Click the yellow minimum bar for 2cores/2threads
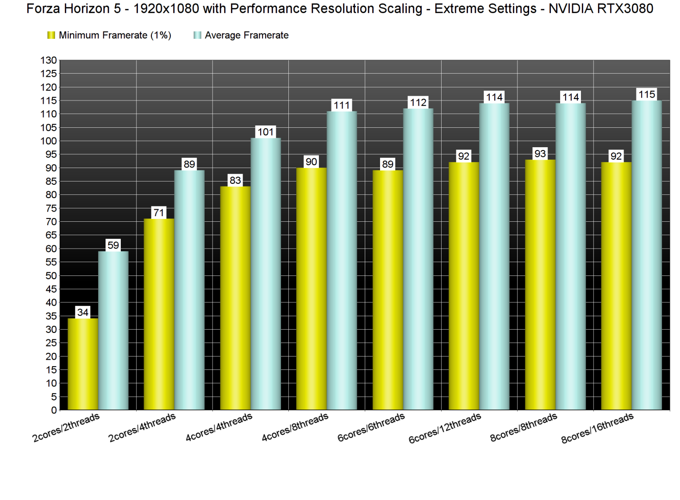point(83,364)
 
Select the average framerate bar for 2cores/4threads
point(189,290)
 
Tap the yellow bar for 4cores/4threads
point(235,298)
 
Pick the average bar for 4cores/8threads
point(342,260)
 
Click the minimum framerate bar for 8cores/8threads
point(540,285)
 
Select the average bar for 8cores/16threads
point(647,255)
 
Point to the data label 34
point(83,312)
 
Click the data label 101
point(266,132)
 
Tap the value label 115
point(647,94)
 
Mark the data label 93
point(540,154)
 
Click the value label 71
point(159,213)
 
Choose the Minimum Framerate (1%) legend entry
point(109,35)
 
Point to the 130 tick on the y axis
point(49,60)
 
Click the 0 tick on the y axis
point(54,410)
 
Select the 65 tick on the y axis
point(51,235)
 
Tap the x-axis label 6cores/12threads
point(445,428)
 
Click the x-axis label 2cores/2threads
point(66,428)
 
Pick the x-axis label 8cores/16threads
point(597,428)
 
